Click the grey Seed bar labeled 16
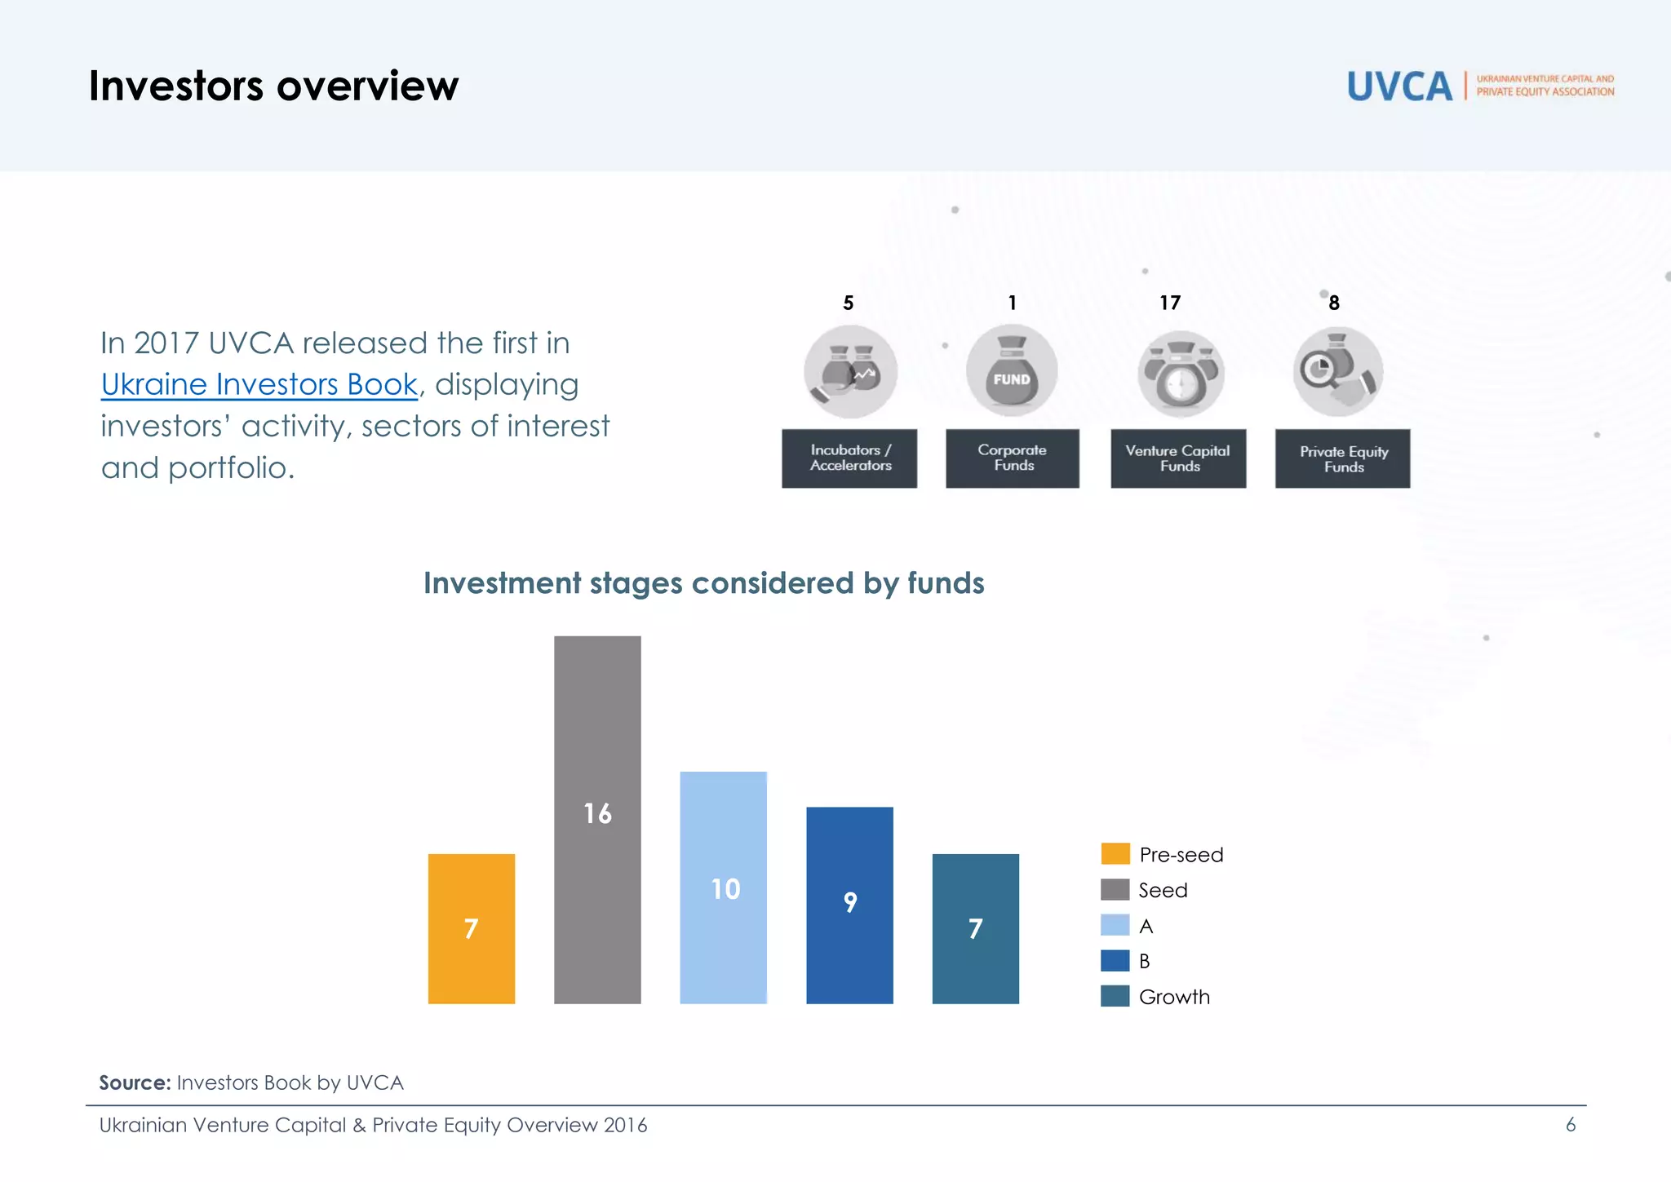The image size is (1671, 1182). pos(597,819)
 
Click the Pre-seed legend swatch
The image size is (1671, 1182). pos(1115,854)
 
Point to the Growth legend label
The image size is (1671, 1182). pos(1174,997)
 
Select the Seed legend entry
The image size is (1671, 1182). pos(1162,890)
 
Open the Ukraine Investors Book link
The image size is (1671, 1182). pos(259,384)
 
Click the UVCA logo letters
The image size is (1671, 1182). pos(1399,86)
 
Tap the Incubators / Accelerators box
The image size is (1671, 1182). pos(849,458)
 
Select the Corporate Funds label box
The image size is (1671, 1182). pos(1013,458)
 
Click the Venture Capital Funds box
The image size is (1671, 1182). pos(1178,458)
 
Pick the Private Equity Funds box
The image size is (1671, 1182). pos(1342,458)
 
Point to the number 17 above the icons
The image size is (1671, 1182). pos(1170,303)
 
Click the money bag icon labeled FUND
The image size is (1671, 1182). pos(1012,370)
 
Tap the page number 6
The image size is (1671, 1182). pos(1570,1125)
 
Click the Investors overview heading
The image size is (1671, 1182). pos(273,86)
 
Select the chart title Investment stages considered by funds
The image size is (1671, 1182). pos(703,583)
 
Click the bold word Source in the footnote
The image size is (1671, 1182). pos(135,1082)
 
